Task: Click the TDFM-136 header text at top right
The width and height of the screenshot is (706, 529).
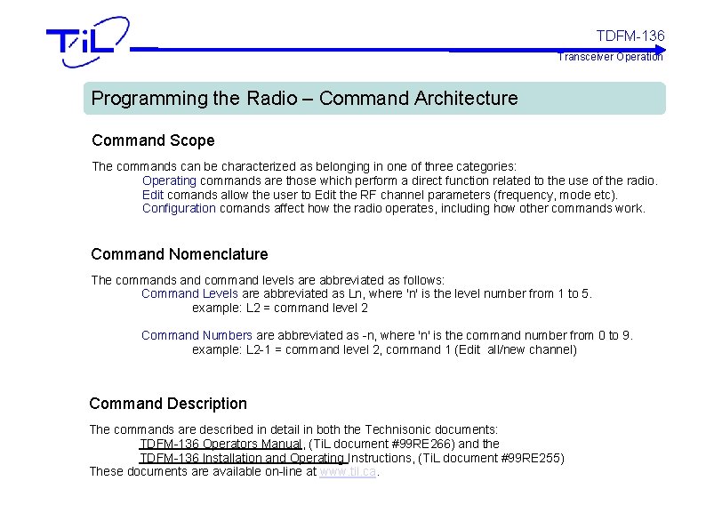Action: point(630,36)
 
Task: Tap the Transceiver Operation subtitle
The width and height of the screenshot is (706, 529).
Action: point(610,57)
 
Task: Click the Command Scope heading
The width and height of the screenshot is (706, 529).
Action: point(153,140)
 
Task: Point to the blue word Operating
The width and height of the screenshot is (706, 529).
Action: point(169,180)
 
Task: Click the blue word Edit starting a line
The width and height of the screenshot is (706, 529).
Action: point(152,195)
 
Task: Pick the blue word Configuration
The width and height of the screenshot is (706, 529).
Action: point(179,208)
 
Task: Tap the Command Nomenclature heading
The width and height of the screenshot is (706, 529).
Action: point(179,254)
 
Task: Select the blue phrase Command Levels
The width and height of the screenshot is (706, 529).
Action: point(189,293)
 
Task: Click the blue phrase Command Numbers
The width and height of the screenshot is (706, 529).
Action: point(197,335)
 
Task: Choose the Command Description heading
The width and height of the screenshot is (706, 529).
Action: point(168,404)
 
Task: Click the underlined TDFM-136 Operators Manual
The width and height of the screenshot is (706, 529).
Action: point(221,444)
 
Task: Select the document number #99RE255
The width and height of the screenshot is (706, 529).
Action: point(532,458)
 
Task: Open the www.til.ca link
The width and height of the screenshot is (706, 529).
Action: point(348,471)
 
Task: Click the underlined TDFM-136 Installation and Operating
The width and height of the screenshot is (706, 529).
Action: point(242,458)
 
